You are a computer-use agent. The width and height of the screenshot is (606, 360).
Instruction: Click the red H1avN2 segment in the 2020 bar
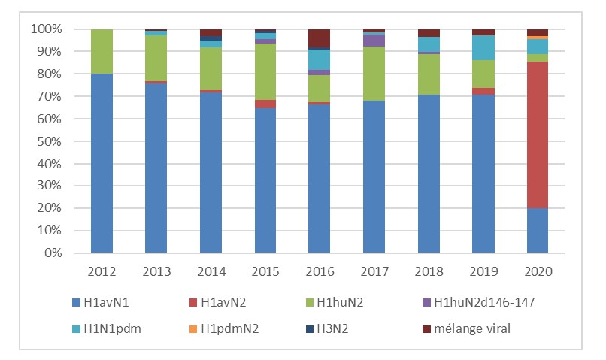tap(537, 135)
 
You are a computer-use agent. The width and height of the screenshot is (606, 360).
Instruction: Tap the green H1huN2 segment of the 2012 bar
tap(102, 51)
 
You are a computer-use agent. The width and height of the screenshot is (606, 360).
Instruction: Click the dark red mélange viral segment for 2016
tap(320, 38)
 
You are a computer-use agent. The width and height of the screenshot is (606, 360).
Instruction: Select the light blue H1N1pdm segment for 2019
tap(483, 47)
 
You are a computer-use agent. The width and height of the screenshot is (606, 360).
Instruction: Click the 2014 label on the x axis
tap(211, 270)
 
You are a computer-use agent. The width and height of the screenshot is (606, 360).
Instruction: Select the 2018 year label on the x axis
tap(429, 270)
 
